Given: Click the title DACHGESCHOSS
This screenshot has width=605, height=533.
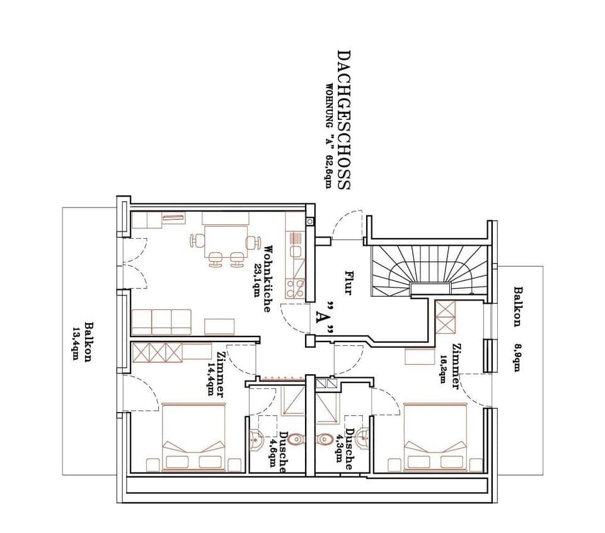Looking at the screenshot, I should pos(343,120).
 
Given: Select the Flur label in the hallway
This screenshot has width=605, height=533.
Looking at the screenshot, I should pos(349,283).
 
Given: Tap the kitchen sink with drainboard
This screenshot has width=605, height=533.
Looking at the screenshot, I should pos(295,246).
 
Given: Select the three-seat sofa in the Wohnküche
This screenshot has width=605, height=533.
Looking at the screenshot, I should pos(161,322).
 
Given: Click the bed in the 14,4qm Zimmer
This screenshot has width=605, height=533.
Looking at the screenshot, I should pos(194,437).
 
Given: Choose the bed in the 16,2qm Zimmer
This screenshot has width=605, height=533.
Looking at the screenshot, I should pos(435,437).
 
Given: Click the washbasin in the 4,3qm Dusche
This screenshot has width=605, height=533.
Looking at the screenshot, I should pos(362,436).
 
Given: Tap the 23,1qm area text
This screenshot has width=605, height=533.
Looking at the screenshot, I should pos(257,275).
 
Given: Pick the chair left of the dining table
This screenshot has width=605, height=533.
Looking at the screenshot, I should pos(197,241).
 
